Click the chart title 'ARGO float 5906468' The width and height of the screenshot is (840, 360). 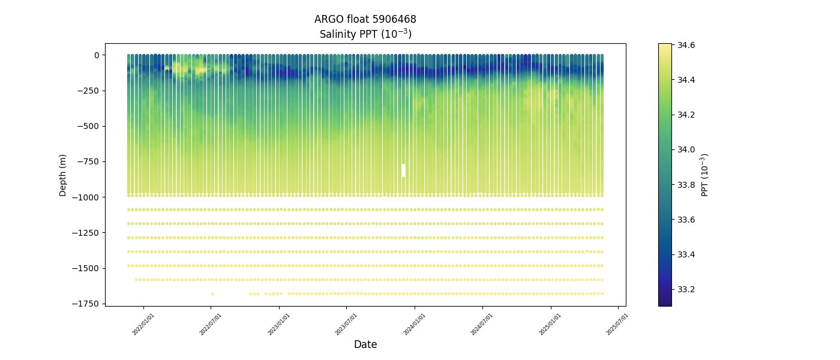[x=365, y=19]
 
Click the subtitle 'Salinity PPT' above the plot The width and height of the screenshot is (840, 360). [x=365, y=34]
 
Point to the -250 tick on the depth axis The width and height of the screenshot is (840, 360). [x=87, y=91]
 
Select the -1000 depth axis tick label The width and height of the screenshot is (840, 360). [x=85, y=197]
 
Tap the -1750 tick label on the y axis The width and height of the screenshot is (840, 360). [x=85, y=304]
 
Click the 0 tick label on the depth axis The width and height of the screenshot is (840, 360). [x=95, y=55]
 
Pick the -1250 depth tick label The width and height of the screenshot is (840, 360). [x=85, y=233]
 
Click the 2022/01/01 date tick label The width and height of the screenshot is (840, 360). [x=143, y=324]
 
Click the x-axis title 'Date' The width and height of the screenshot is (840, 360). [x=365, y=345]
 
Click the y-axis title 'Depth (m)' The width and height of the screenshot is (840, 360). [x=63, y=175]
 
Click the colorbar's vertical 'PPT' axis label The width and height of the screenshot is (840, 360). [x=706, y=175]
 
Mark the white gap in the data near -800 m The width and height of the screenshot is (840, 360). [x=403, y=170]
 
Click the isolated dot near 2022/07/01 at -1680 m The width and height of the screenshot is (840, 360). [x=212, y=293]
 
